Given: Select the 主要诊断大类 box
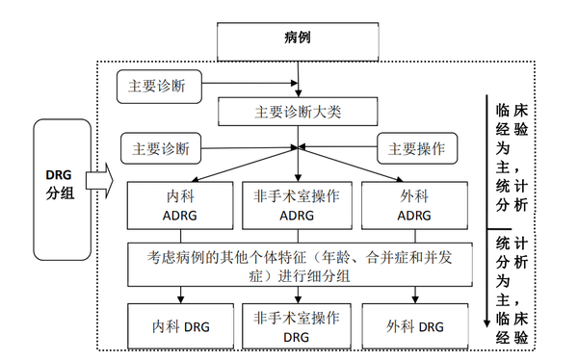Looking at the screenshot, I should click(x=300, y=112).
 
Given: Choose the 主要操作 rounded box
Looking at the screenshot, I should click(x=415, y=149).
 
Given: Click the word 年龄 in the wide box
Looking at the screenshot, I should click(x=358, y=255).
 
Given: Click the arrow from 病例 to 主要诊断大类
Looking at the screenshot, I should click(x=301, y=79).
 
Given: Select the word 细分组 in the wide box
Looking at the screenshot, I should click(x=337, y=272).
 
